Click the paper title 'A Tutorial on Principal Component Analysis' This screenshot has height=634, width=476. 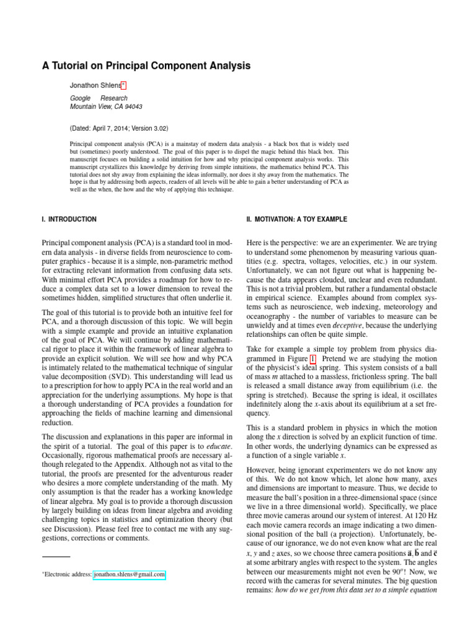coord(146,65)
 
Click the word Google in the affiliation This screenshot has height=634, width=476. coord(80,98)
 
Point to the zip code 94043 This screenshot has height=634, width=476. coord(134,106)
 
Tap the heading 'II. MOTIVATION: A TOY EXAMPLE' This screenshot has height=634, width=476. coord(296,219)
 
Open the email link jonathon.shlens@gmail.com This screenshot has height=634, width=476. coord(129,575)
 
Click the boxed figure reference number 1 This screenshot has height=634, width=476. coord(312,358)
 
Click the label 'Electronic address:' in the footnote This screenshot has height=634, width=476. coord(67,575)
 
